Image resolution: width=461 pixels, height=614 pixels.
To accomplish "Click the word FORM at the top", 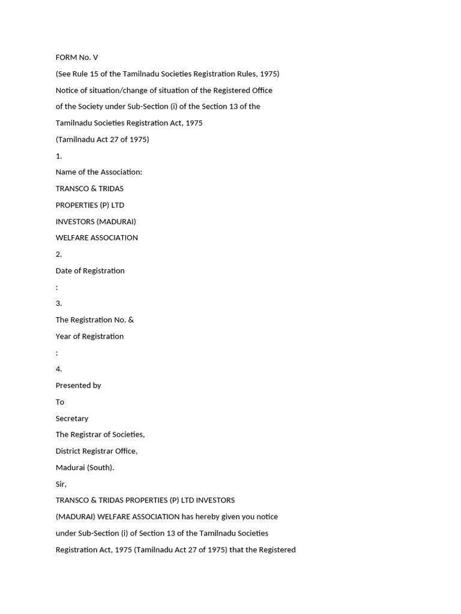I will coord(67,58).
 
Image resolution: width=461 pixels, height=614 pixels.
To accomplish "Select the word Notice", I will coord(67,91).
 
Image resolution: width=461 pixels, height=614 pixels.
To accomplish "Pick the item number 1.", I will coord(59,156).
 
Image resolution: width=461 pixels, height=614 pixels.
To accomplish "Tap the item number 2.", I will coord(59,254).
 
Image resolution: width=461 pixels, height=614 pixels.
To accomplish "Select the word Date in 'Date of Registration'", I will coord(64,270).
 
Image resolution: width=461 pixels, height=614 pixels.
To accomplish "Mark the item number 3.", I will coord(59,303).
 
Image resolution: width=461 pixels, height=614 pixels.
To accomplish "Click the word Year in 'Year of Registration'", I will coord(64,336).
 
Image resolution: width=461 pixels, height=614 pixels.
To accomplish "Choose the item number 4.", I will coord(59,369).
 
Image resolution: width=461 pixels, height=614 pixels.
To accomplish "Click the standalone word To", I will coord(60,402).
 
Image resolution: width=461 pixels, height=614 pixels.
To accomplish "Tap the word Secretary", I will coord(72,419).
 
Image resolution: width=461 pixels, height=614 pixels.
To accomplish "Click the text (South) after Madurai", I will coord(101,468).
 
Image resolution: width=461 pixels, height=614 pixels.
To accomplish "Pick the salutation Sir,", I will coord(61,484).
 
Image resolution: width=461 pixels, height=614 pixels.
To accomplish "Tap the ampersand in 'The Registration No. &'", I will coord(131,320).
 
